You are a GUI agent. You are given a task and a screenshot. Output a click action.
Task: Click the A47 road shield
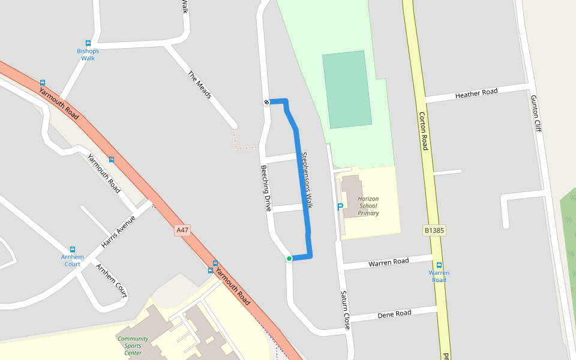pos(182,230)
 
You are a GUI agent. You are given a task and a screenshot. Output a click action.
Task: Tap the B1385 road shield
pos(434,230)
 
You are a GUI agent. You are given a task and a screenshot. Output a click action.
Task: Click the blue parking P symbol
pos(340,207)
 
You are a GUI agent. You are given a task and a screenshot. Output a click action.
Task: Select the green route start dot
pos(289,259)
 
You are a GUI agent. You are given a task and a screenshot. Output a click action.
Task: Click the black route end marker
pos(266,102)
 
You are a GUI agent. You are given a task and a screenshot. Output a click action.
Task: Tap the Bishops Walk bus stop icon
pos(88,43)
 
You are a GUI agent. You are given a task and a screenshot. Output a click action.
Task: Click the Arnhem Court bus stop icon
pos(73,249)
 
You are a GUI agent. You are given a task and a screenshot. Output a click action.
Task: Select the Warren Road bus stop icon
pos(439,265)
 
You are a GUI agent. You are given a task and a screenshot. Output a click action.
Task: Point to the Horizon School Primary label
pos(368,206)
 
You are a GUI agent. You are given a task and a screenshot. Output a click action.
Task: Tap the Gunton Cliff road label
pos(535,113)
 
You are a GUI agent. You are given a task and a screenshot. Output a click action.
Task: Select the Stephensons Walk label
pos(307,180)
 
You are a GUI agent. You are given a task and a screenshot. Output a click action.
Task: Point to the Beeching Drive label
pos(266,188)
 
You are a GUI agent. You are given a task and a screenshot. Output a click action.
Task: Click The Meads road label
pos(200,85)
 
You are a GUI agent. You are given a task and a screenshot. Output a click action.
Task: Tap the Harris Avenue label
pos(118,232)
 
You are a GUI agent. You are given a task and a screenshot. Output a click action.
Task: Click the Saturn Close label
pos(345,310)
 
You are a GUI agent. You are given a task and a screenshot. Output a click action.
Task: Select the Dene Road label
pos(394,314)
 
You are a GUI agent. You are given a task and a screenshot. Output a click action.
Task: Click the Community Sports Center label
pos(133,346)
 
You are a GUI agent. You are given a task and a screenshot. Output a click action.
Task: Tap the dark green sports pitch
pos(346,89)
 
